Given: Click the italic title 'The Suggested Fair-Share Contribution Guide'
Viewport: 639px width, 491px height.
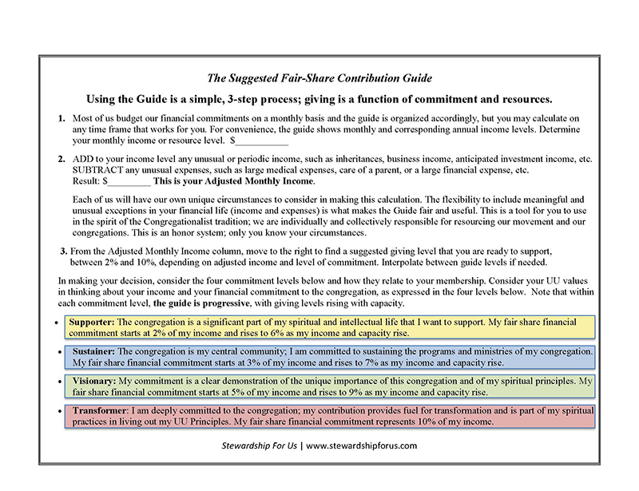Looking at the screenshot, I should (x=319, y=78).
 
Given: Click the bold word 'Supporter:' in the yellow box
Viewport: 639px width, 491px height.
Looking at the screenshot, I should (x=93, y=321).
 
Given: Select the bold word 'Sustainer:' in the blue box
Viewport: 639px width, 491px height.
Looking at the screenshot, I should (x=96, y=350).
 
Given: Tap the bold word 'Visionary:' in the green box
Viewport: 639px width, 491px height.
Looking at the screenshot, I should (x=94, y=381).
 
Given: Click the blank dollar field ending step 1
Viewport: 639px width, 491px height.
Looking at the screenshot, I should (x=260, y=141).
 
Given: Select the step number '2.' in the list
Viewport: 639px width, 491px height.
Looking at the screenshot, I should (x=62, y=159).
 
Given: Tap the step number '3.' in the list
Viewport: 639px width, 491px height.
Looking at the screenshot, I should (x=63, y=251).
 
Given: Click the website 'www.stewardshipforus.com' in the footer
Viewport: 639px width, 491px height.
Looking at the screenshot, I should (x=362, y=445).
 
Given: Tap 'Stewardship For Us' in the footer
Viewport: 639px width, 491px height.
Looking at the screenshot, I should (x=261, y=445).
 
